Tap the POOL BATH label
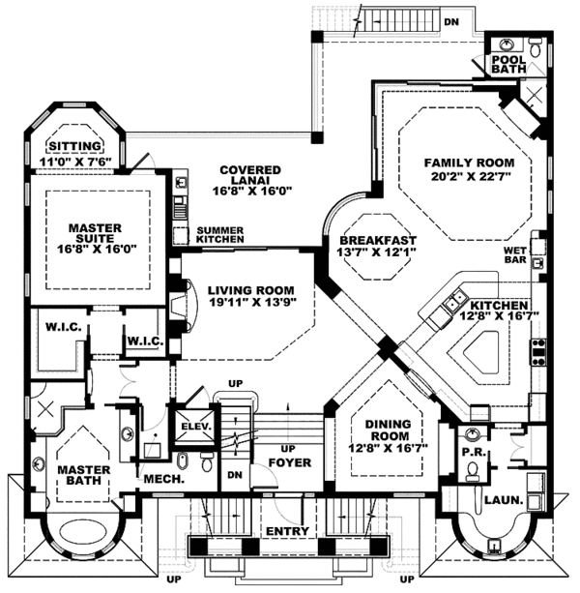point(507,63)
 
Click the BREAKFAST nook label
point(378,240)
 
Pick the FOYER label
point(289,462)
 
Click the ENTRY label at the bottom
point(287,531)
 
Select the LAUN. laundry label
point(503,500)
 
